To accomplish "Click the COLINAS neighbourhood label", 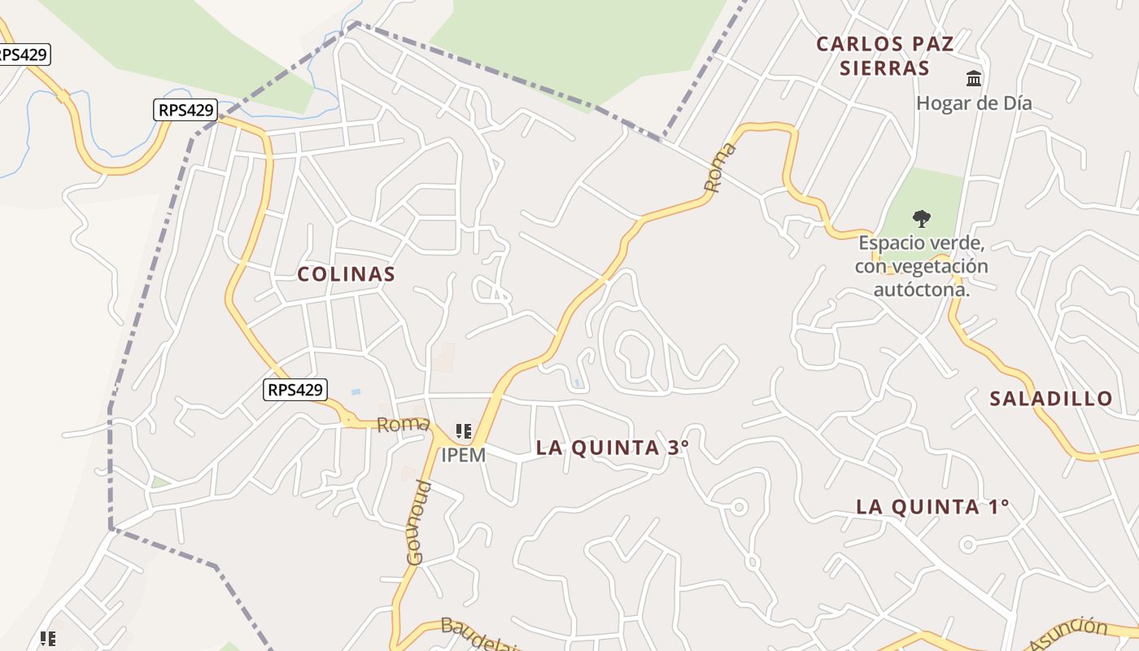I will [x=347, y=274].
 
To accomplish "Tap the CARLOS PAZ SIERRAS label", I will [x=884, y=55].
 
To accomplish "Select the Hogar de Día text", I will [x=974, y=103].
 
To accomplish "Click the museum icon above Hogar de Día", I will [x=974, y=78].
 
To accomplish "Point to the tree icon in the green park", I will [x=921, y=218].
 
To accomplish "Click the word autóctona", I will [x=921, y=289].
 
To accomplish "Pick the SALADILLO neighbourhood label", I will [x=1050, y=399].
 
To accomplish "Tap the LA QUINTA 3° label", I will [x=612, y=448].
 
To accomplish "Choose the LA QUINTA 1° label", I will [x=932, y=507].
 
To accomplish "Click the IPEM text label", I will [x=463, y=456].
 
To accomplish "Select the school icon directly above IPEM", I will [x=464, y=431].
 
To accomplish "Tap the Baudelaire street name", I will [x=480, y=636].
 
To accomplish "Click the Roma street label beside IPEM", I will [x=403, y=424].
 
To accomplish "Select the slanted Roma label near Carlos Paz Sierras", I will [x=720, y=168].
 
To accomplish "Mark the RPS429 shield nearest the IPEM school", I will [x=295, y=390].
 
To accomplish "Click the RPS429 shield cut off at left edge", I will [x=23, y=55].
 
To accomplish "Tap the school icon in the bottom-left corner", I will [x=48, y=639].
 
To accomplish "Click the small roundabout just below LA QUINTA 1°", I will [x=967, y=544].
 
